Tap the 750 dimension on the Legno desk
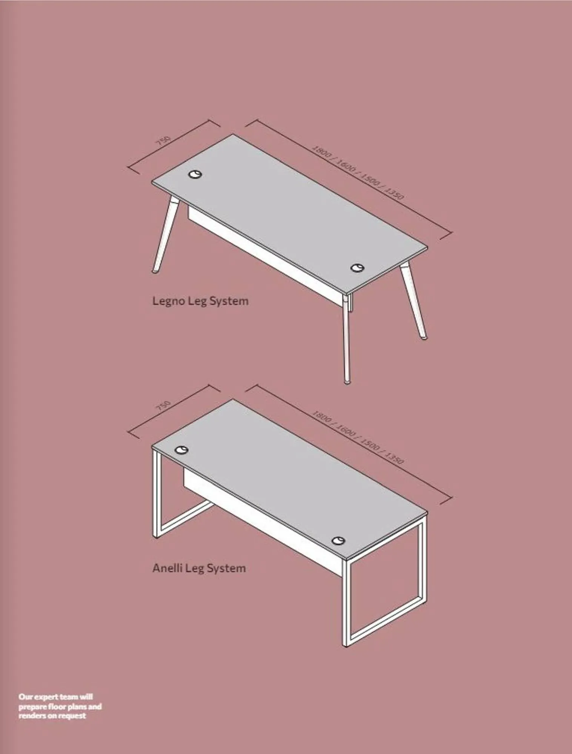coord(163,141)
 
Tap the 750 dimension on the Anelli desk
coord(163,406)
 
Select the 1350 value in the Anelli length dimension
coord(395,457)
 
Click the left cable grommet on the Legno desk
coord(195,174)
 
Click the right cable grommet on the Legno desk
coord(357,268)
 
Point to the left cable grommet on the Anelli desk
coord(182,450)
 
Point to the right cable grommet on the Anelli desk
coord(338,541)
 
